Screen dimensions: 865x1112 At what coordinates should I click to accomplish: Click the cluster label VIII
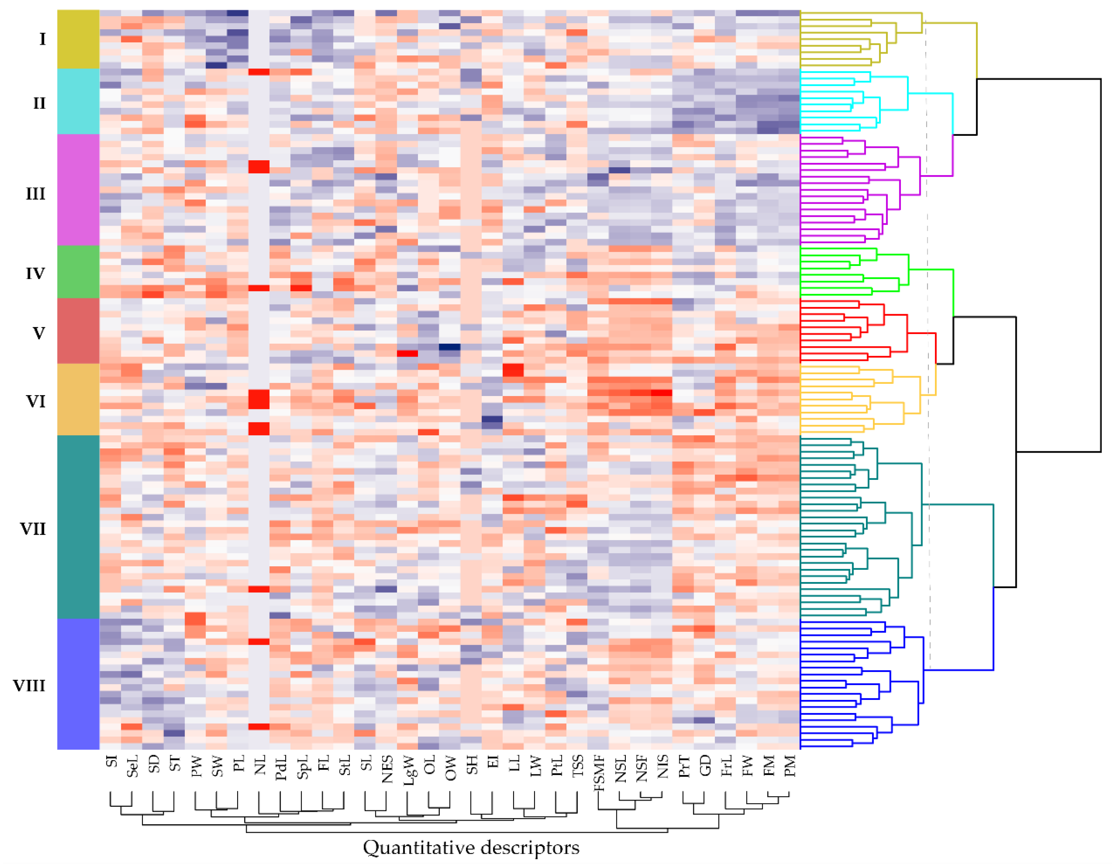29,686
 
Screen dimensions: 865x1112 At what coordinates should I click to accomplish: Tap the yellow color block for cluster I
78,39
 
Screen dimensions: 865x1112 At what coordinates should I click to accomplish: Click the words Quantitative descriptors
471,848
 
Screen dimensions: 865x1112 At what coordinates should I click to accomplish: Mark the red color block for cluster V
78,331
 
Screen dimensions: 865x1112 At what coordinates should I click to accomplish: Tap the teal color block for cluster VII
78,527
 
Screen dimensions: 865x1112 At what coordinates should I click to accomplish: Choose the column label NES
387,769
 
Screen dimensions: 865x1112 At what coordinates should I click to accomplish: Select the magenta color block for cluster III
78,190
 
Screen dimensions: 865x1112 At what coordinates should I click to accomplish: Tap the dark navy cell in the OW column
449,347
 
